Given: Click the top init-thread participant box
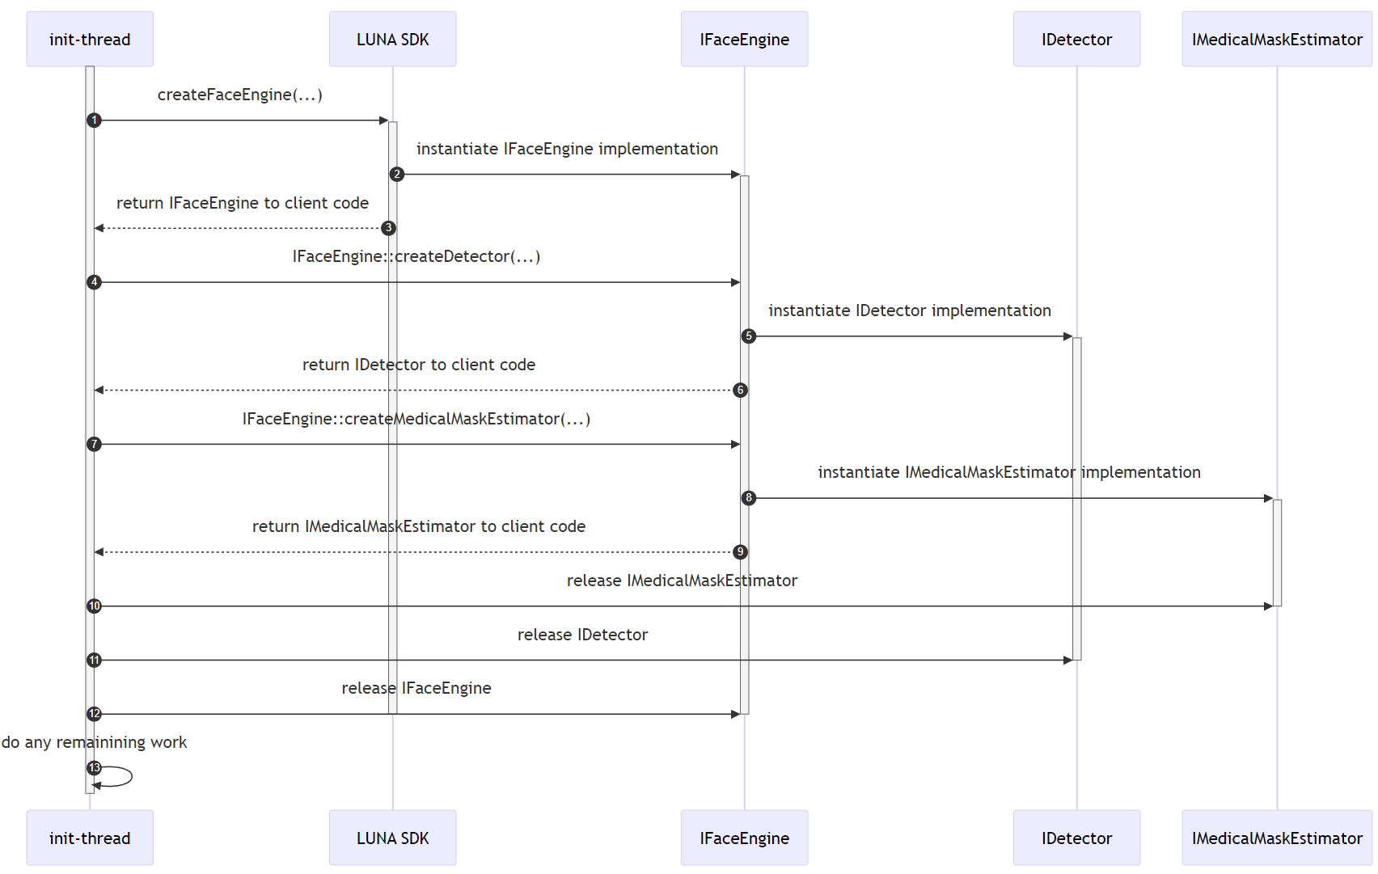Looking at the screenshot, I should point(90,39).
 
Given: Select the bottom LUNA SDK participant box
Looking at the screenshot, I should point(392,838).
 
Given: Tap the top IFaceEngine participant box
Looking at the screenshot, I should point(744,39).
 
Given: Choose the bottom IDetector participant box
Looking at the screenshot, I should point(1076,838).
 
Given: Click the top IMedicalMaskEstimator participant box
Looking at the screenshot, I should point(1277,39).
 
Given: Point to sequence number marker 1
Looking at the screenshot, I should point(95,120).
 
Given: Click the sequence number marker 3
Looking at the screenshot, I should point(388,228).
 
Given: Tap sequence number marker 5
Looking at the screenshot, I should point(749,336).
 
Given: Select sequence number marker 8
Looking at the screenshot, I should point(749,498).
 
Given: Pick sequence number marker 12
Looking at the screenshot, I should point(95,714).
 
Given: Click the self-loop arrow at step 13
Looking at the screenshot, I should point(121,776).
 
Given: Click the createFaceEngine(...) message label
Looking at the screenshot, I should point(239,95).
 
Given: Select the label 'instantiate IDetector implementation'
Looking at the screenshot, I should point(909,310).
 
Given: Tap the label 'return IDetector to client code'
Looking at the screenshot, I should point(418,365).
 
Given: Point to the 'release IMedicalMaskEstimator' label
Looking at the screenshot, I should point(682,581).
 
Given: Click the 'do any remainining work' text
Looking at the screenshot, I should point(94,742).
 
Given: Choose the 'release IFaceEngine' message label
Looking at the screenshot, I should point(416,688).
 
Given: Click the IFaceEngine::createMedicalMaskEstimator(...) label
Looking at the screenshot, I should point(416,419).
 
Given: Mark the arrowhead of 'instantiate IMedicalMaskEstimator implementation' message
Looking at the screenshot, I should point(1268,498).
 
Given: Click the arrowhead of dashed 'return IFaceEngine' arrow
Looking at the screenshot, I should point(99,228).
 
